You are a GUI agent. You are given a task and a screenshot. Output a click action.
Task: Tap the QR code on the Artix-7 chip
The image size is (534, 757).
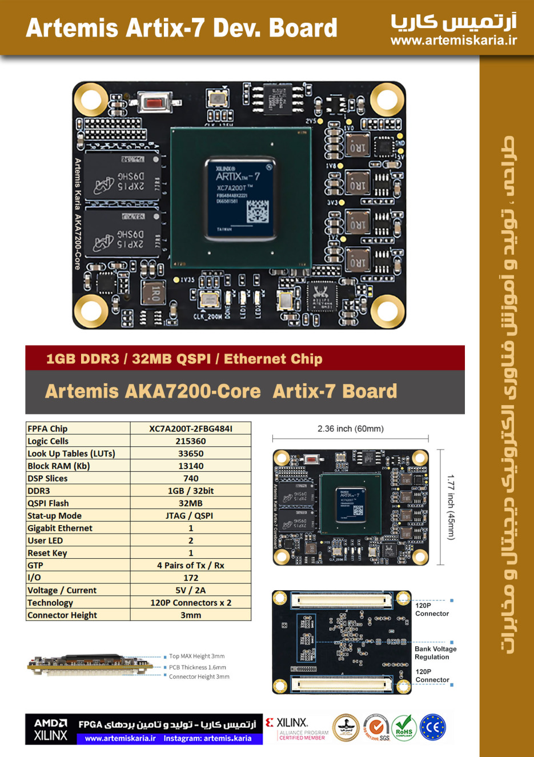click(257, 211)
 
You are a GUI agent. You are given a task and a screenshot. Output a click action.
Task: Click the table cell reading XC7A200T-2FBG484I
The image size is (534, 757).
click(191, 428)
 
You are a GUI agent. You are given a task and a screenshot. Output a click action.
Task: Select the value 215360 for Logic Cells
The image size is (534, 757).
click(191, 441)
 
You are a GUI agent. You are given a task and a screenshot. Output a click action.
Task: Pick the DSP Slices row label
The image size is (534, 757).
click(47, 479)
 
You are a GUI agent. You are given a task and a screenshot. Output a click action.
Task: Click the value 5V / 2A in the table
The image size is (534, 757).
click(191, 590)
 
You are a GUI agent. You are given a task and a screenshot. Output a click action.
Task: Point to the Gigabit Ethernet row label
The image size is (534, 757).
click(60, 528)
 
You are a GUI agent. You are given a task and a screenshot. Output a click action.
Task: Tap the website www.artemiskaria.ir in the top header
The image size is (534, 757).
click(453, 41)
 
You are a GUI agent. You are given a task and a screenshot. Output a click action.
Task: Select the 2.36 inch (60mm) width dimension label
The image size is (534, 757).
click(351, 428)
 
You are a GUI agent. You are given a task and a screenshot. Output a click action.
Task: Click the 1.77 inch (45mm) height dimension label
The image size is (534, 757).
click(451, 507)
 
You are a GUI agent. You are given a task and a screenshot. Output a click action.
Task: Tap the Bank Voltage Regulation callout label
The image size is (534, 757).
click(435, 653)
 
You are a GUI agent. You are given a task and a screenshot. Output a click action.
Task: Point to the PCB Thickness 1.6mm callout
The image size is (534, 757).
click(198, 667)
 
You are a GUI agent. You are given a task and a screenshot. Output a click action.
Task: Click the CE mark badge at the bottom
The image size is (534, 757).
click(433, 728)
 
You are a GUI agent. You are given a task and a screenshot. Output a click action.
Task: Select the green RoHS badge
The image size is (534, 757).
click(404, 728)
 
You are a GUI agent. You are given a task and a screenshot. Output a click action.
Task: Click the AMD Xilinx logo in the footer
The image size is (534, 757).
click(50, 730)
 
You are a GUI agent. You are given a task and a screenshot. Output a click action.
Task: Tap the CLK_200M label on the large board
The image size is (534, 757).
click(208, 317)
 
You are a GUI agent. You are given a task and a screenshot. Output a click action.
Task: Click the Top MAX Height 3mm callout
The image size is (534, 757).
click(197, 656)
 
